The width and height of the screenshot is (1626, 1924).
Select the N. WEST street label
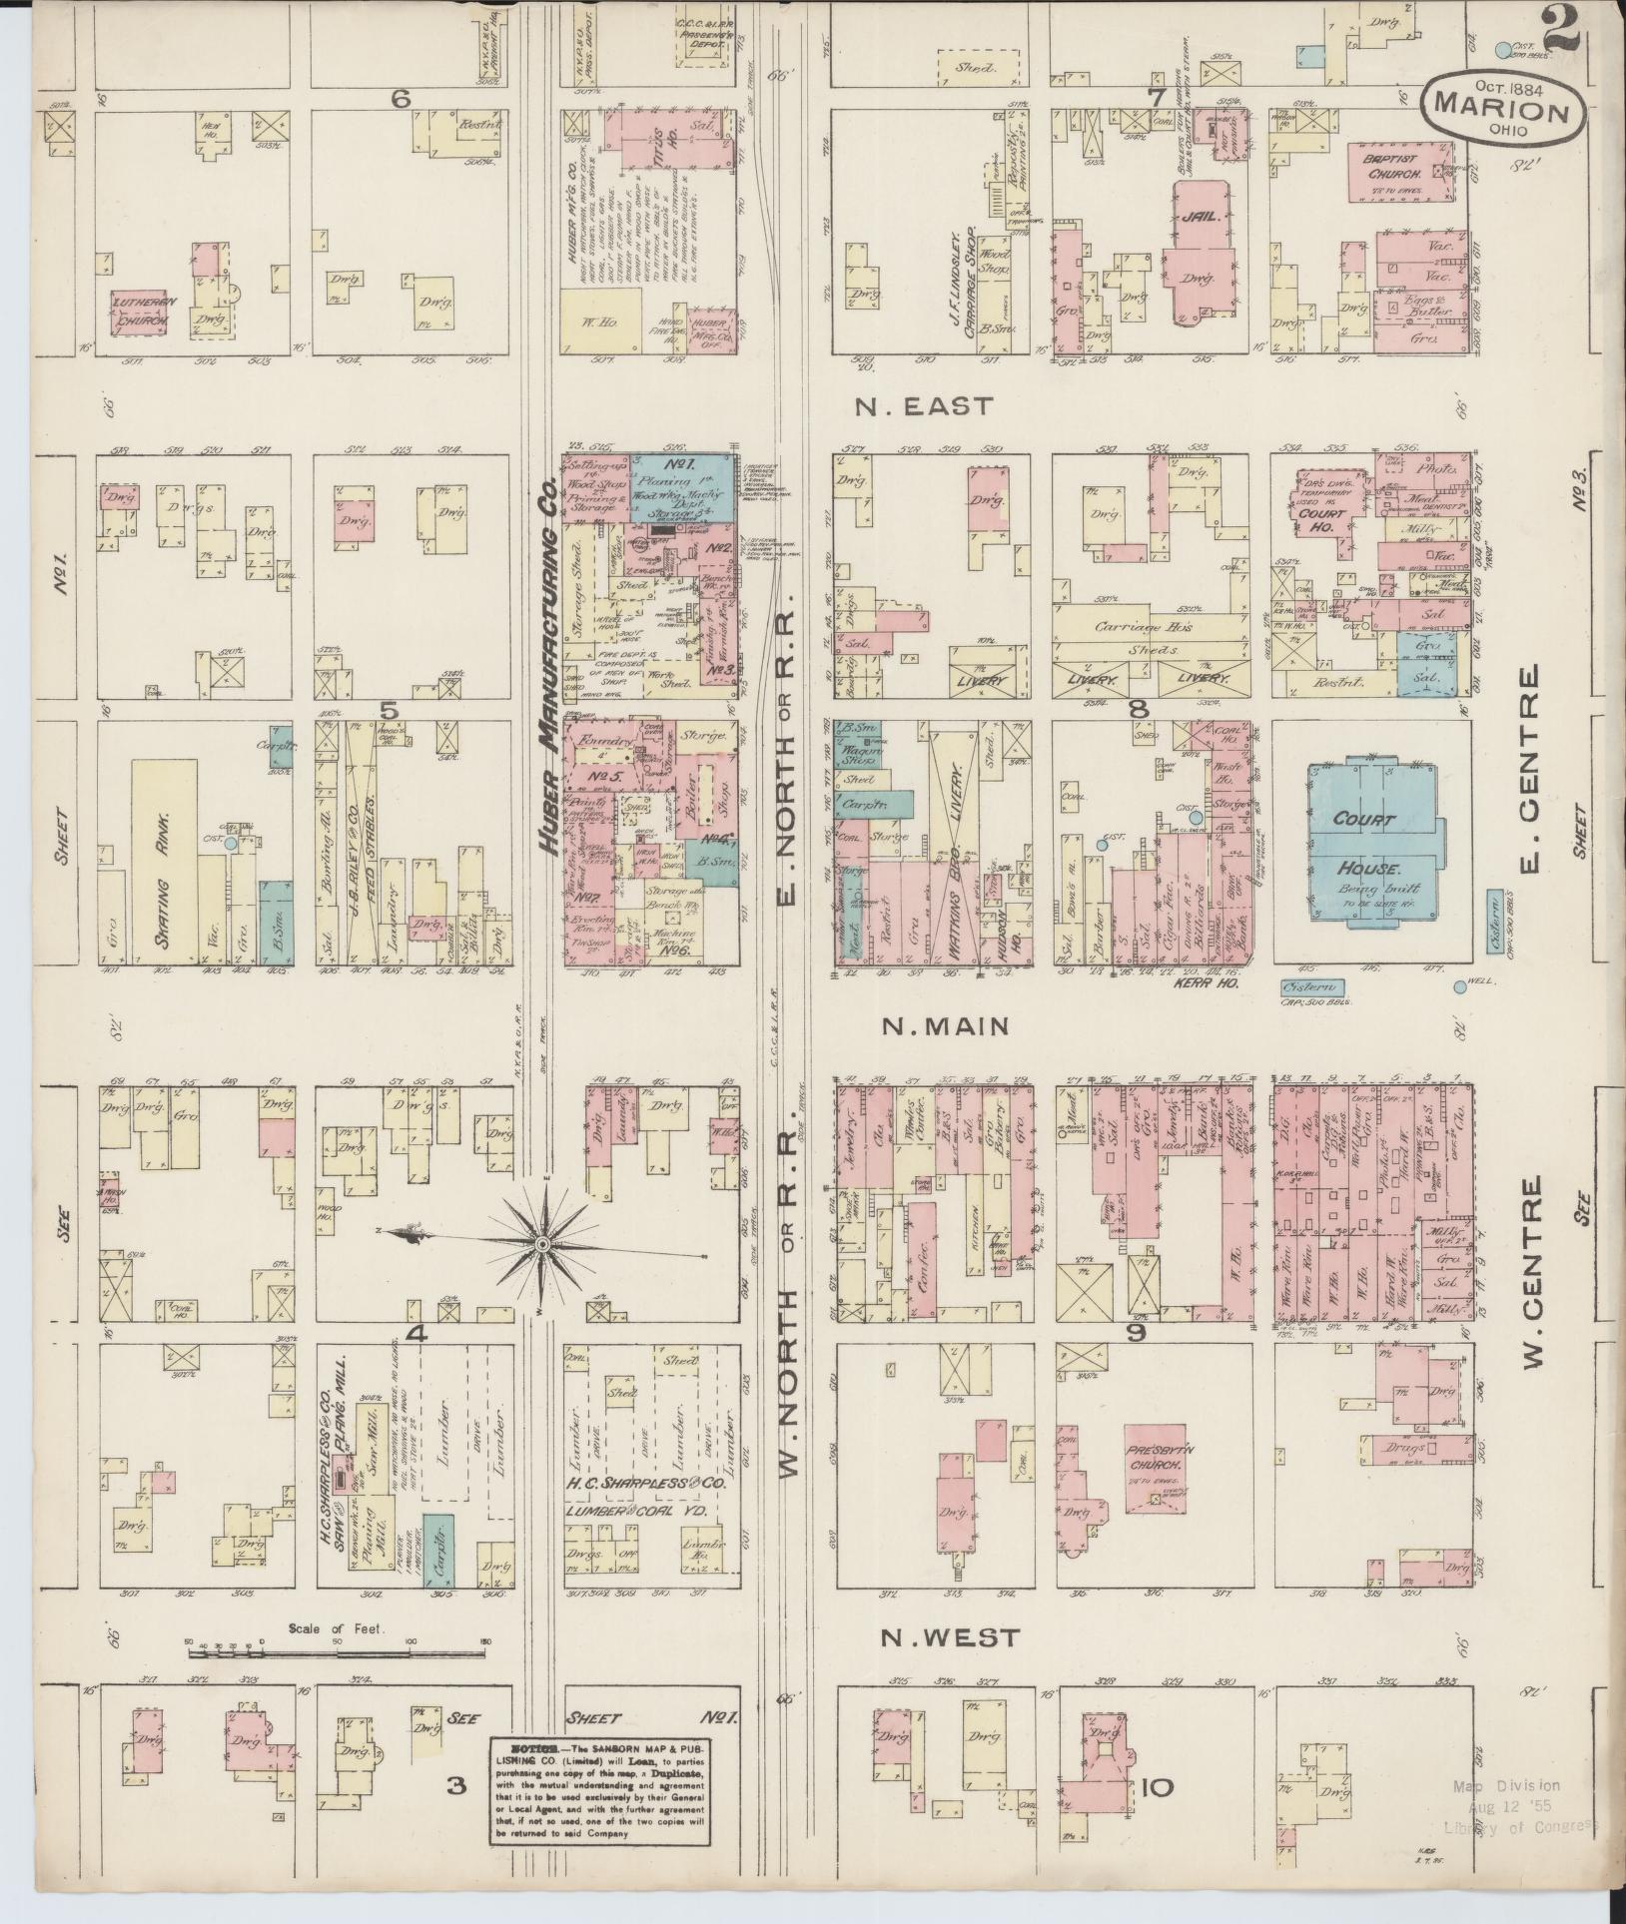point(950,1636)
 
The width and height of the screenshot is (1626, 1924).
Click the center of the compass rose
point(541,1244)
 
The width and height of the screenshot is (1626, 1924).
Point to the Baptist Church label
point(1381,165)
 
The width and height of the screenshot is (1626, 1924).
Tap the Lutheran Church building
point(140,315)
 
